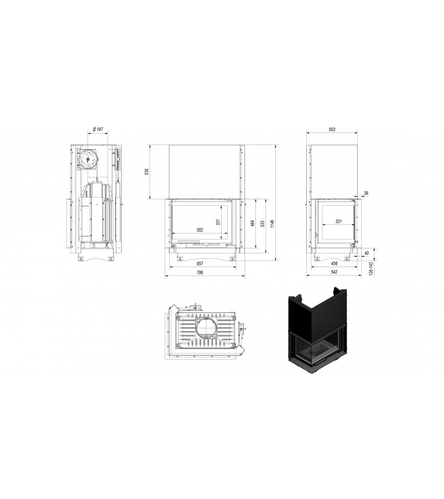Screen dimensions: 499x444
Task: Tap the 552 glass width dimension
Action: coord(200,230)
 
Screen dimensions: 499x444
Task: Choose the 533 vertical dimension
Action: coord(262,224)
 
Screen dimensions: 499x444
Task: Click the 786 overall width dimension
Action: coord(200,273)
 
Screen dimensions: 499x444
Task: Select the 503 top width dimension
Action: coord(332,129)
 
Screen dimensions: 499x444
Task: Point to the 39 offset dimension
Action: coord(366,193)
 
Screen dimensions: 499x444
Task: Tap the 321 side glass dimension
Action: coord(338,221)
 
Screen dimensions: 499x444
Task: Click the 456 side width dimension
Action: coord(334,263)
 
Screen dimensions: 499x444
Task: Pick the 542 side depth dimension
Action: coord(334,273)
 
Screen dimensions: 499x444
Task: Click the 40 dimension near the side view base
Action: coord(366,253)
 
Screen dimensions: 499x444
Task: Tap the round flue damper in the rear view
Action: coord(88,159)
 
